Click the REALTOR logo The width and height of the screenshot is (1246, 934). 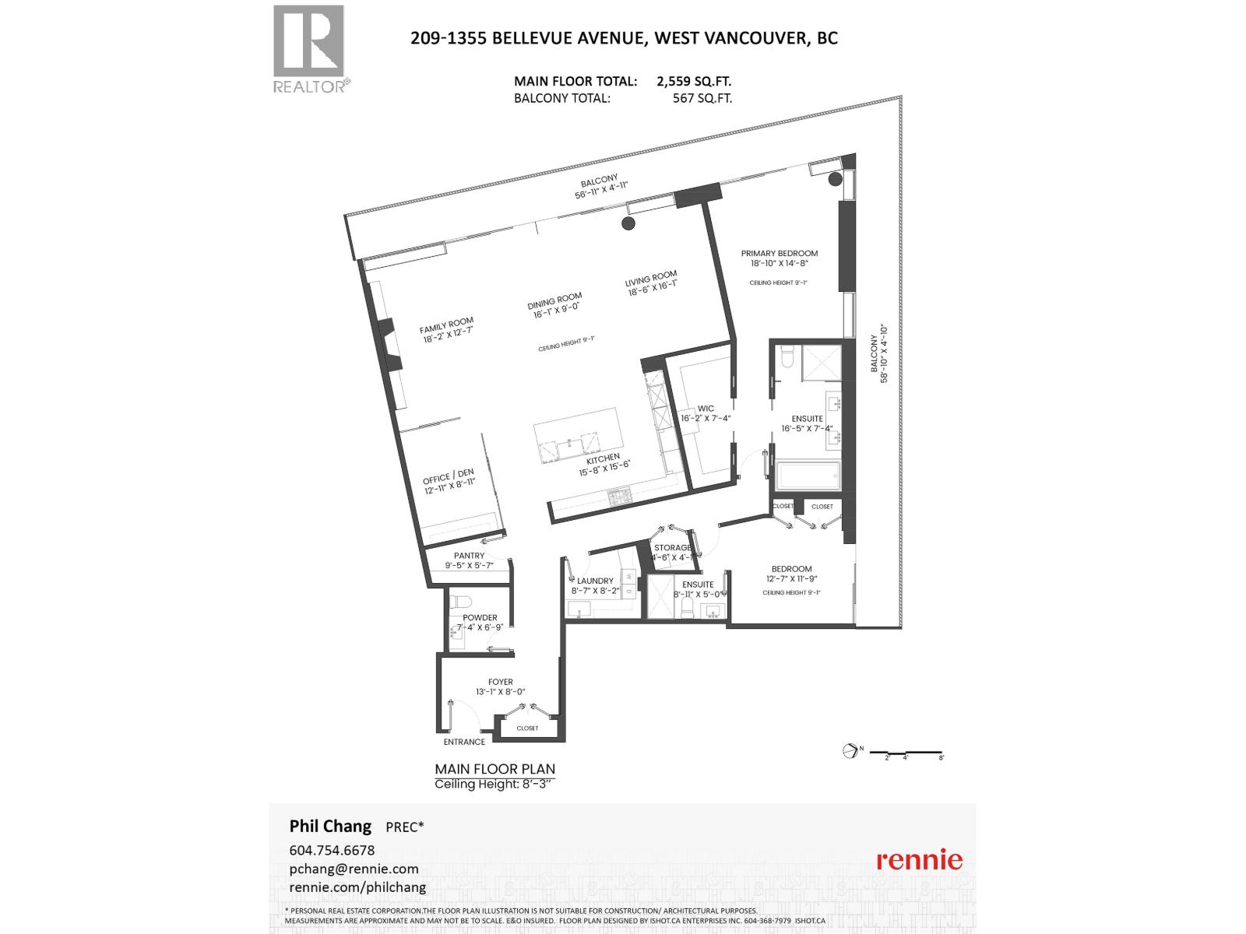click(309, 49)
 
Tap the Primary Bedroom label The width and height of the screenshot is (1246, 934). click(779, 253)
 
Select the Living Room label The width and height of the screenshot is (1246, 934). click(651, 278)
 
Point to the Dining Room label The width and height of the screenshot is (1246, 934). click(554, 300)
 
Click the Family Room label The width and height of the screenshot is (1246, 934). click(446, 321)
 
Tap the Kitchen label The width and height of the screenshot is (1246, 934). click(603, 458)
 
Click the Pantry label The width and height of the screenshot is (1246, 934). click(469, 555)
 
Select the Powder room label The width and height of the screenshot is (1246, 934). click(479, 617)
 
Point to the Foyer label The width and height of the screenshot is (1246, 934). click(500, 682)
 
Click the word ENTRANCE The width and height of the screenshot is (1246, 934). click(464, 742)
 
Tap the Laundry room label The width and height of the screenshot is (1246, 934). click(595, 581)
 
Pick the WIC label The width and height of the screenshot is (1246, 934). click(706, 408)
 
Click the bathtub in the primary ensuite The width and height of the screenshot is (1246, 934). click(808, 474)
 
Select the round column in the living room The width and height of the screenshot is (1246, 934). click(628, 224)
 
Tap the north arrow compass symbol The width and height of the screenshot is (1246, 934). click(850, 750)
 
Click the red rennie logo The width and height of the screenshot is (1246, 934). click(919, 860)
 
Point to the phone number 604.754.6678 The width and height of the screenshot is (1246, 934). click(332, 850)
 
